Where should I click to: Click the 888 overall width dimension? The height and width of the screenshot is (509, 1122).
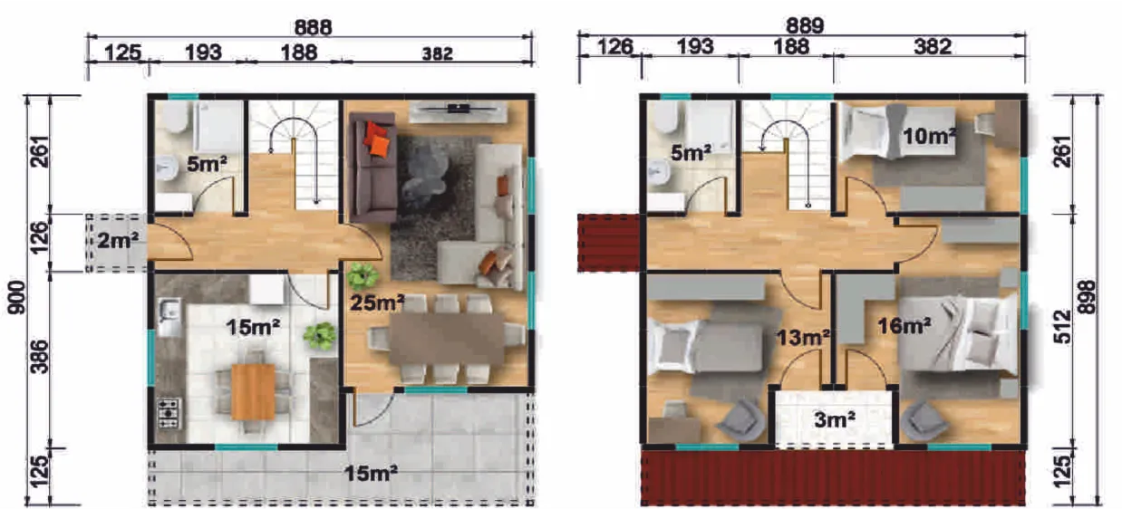point(313,27)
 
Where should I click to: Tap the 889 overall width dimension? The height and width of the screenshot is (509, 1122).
point(805,25)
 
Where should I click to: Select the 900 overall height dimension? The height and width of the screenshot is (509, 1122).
point(17,298)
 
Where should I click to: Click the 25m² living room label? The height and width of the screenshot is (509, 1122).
point(377,303)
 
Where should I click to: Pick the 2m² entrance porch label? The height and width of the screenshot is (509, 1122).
point(117,241)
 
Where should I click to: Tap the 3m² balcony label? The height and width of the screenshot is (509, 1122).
point(835,419)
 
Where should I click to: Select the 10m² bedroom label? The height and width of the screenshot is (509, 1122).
point(930,136)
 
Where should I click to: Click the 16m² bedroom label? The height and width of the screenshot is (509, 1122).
point(904,326)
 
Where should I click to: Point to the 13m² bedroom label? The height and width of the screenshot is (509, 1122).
point(803,338)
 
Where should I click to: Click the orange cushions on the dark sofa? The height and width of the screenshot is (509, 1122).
point(377,139)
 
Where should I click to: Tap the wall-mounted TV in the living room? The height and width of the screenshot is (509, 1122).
point(459,108)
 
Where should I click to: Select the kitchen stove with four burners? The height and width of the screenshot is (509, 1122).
point(169,413)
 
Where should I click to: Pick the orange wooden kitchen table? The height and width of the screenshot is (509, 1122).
point(254,391)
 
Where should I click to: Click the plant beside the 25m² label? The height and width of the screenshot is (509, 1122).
point(363,275)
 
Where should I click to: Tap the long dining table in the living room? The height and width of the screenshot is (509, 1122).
point(447,340)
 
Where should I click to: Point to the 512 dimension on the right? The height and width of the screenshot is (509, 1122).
point(1062,327)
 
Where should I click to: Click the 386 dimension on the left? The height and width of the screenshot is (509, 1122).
point(40,357)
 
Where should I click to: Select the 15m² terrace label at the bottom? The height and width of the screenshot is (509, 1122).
point(372,473)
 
